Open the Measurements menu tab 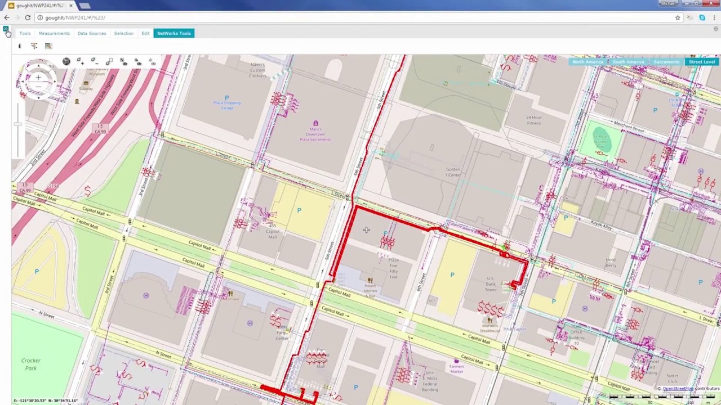54,33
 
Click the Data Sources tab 92,33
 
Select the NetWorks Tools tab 174,33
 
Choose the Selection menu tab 124,33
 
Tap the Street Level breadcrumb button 702,62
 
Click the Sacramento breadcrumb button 666,62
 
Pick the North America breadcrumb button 588,62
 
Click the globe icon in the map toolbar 66,61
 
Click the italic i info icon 20,46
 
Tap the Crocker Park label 31,364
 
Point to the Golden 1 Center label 453,172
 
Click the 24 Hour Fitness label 533,120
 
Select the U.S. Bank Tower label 491,283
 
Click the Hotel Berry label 611,263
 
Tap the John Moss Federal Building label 430,381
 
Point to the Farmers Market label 456,368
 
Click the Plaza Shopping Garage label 226,105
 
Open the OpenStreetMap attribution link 678,389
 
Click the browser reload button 28,17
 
